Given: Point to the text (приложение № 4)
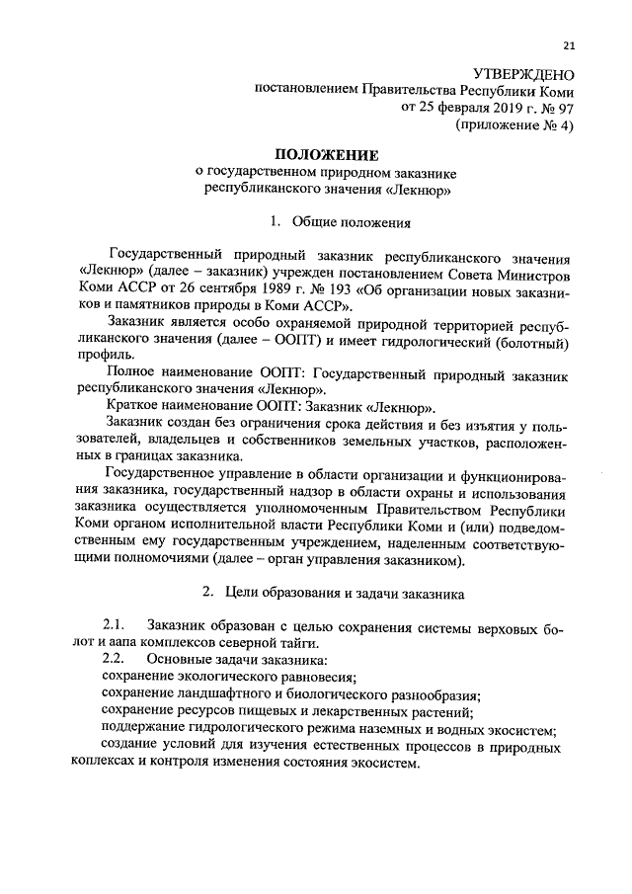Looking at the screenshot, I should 514,125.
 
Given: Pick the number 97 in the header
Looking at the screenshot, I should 565,109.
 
